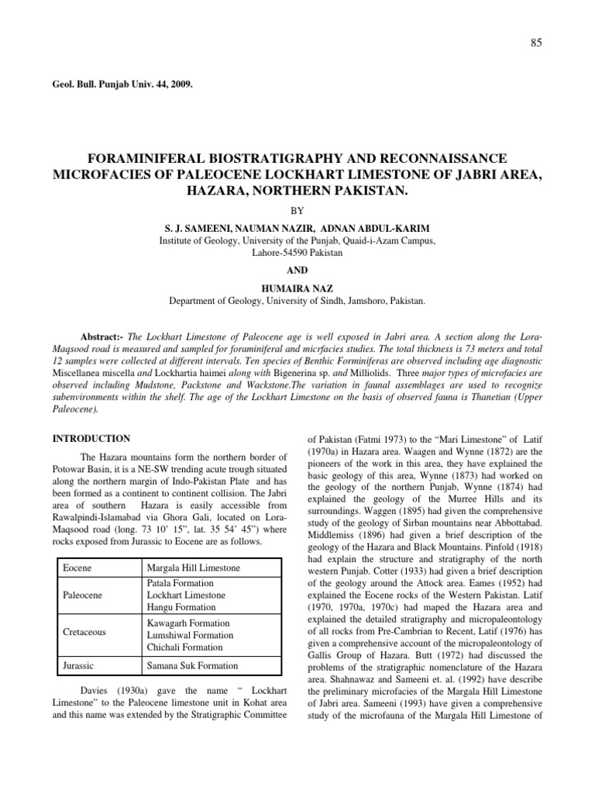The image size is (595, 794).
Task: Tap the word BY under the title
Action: coord(297,209)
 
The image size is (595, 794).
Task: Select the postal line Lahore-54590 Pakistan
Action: coord(297,253)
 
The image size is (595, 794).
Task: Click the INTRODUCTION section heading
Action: coord(91,438)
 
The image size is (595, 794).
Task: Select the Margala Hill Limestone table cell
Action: coord(193,568)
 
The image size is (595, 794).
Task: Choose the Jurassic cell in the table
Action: coord(77,665)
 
